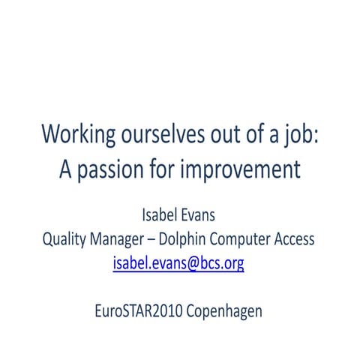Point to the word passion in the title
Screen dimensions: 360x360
pos(109,170)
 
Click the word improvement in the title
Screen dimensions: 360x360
pos(240,170)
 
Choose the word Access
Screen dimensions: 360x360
pos(296,240)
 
